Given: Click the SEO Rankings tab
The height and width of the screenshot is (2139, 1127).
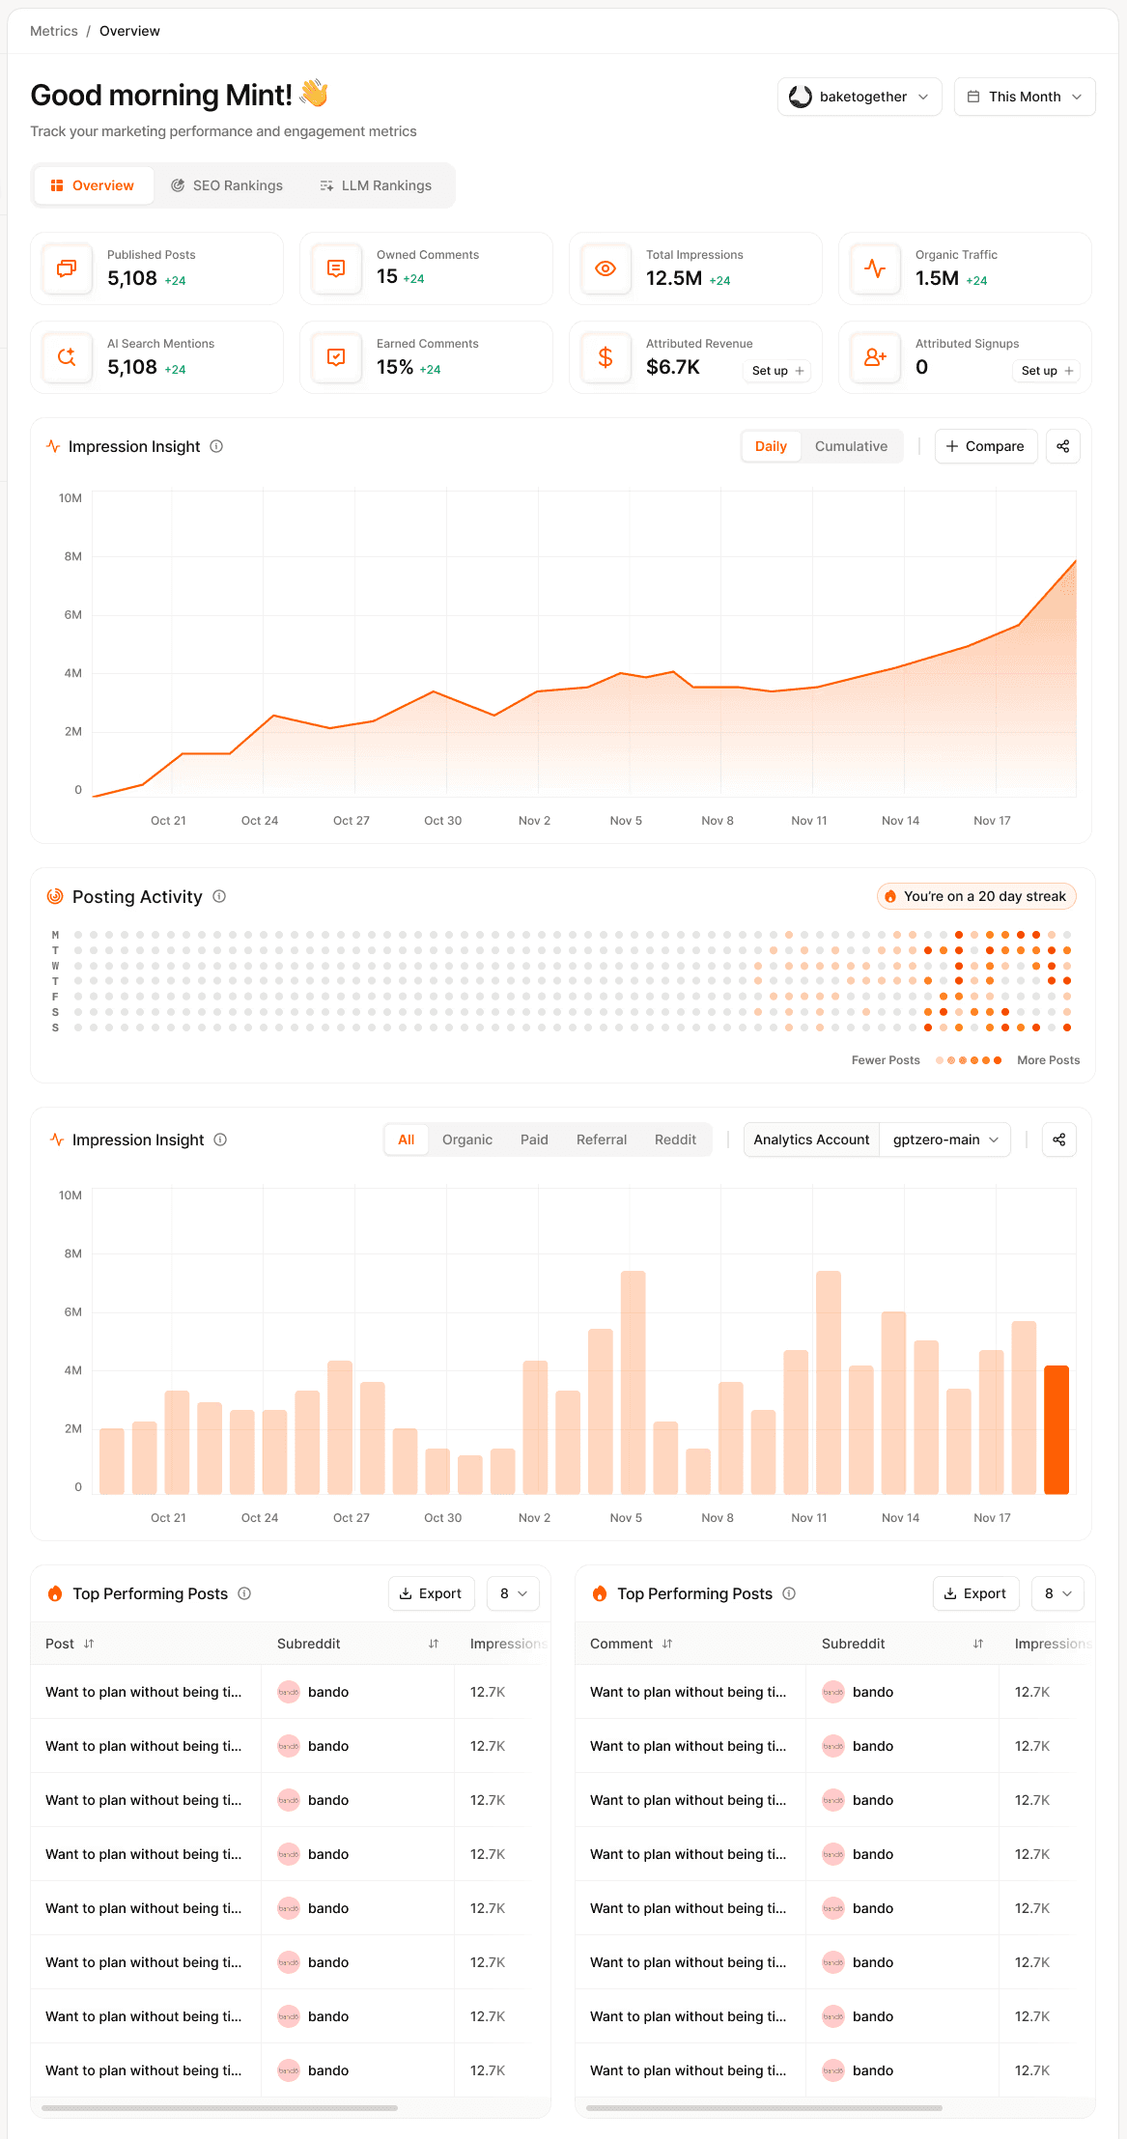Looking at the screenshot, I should [227, 185].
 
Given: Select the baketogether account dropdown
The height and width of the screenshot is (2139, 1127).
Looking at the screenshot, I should [859, 97].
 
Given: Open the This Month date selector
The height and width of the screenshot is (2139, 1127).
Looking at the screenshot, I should [1024, 97].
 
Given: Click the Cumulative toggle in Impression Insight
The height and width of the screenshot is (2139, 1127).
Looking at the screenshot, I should [851, 446].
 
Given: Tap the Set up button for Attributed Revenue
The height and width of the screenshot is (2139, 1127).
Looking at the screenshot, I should [777, 371].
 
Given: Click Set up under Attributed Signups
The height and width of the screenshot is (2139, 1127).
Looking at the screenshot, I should [1047, 371].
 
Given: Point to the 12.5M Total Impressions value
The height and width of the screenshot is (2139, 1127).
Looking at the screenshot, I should [673, 279].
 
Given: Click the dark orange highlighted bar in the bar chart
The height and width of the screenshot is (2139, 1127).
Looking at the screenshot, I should [1056, 1429].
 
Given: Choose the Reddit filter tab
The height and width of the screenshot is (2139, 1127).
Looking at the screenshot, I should [675, 1140].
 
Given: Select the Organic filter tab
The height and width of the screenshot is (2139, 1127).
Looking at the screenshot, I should [467, 1140].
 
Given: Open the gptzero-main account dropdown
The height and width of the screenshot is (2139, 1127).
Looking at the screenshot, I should [944, 1140].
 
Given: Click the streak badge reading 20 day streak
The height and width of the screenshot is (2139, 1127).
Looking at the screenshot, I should [975, 896].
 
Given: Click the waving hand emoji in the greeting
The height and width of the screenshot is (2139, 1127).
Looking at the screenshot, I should [314, 94].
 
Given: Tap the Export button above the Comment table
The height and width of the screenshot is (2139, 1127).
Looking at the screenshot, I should [974, 1593].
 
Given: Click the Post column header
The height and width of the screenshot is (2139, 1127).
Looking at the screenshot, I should [60, 1644].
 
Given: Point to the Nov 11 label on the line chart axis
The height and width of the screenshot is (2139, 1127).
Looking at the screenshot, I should [808, 821].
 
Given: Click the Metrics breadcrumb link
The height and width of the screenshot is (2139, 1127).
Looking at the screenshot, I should [54, 31].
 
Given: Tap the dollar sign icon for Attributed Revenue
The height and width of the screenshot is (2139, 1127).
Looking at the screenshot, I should [606, 357].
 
